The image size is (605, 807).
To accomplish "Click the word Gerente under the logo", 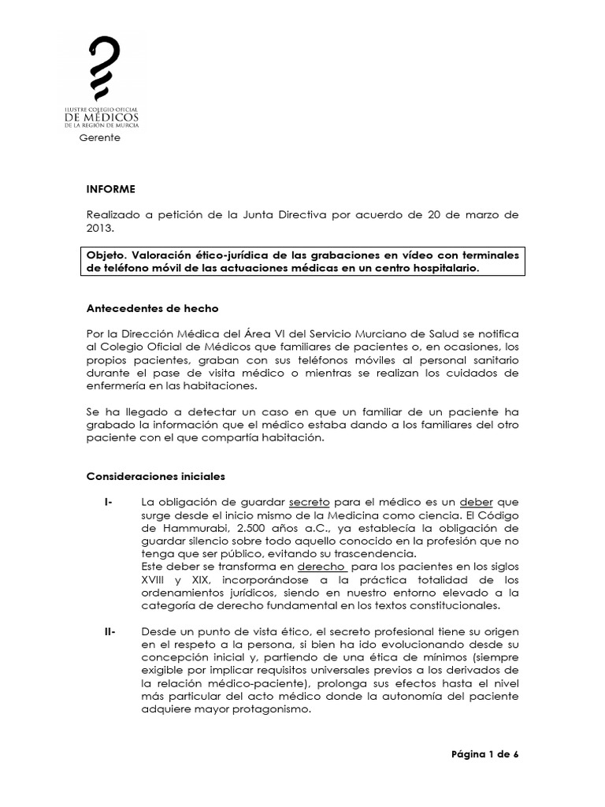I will pos(99,137).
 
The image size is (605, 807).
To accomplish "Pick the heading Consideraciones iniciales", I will pos(156,476).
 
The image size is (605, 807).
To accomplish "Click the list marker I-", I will pos(108,502).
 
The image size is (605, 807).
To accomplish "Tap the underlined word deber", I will pos(477,502).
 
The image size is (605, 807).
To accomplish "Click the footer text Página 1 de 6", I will pos(485,753).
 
